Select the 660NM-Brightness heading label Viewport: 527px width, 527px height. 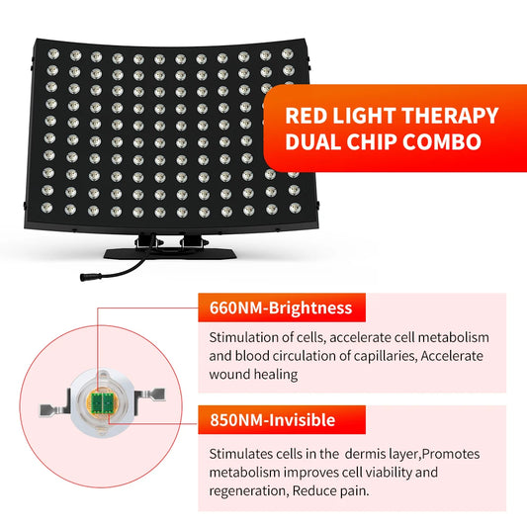281,307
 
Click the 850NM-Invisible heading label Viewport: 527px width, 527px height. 272,420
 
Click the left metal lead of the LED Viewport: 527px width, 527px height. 45,407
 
